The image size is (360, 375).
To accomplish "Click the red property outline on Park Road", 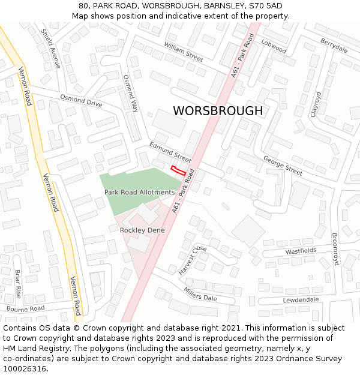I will pos(177,170).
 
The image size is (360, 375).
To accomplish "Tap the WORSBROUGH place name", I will pos(218,111).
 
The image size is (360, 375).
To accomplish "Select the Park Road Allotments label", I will pos(139,193).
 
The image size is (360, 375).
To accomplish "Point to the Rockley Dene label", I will pos(142,230).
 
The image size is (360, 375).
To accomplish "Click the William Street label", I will pos(184,52).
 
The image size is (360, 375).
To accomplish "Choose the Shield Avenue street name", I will pos(50,49).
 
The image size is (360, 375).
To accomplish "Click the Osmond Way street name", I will pos(131,94).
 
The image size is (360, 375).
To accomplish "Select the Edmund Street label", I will pos(170,152).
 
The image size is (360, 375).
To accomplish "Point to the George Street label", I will pos(283,165).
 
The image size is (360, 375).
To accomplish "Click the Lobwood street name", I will pos(274,47).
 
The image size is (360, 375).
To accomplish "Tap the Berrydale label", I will pos(334,46).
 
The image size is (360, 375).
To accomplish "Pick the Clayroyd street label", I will pos(316,104).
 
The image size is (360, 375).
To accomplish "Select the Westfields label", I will pos(301,251).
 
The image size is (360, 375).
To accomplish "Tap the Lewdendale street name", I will pos(301,299).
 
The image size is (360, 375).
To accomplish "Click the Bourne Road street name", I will pos(26,309).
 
